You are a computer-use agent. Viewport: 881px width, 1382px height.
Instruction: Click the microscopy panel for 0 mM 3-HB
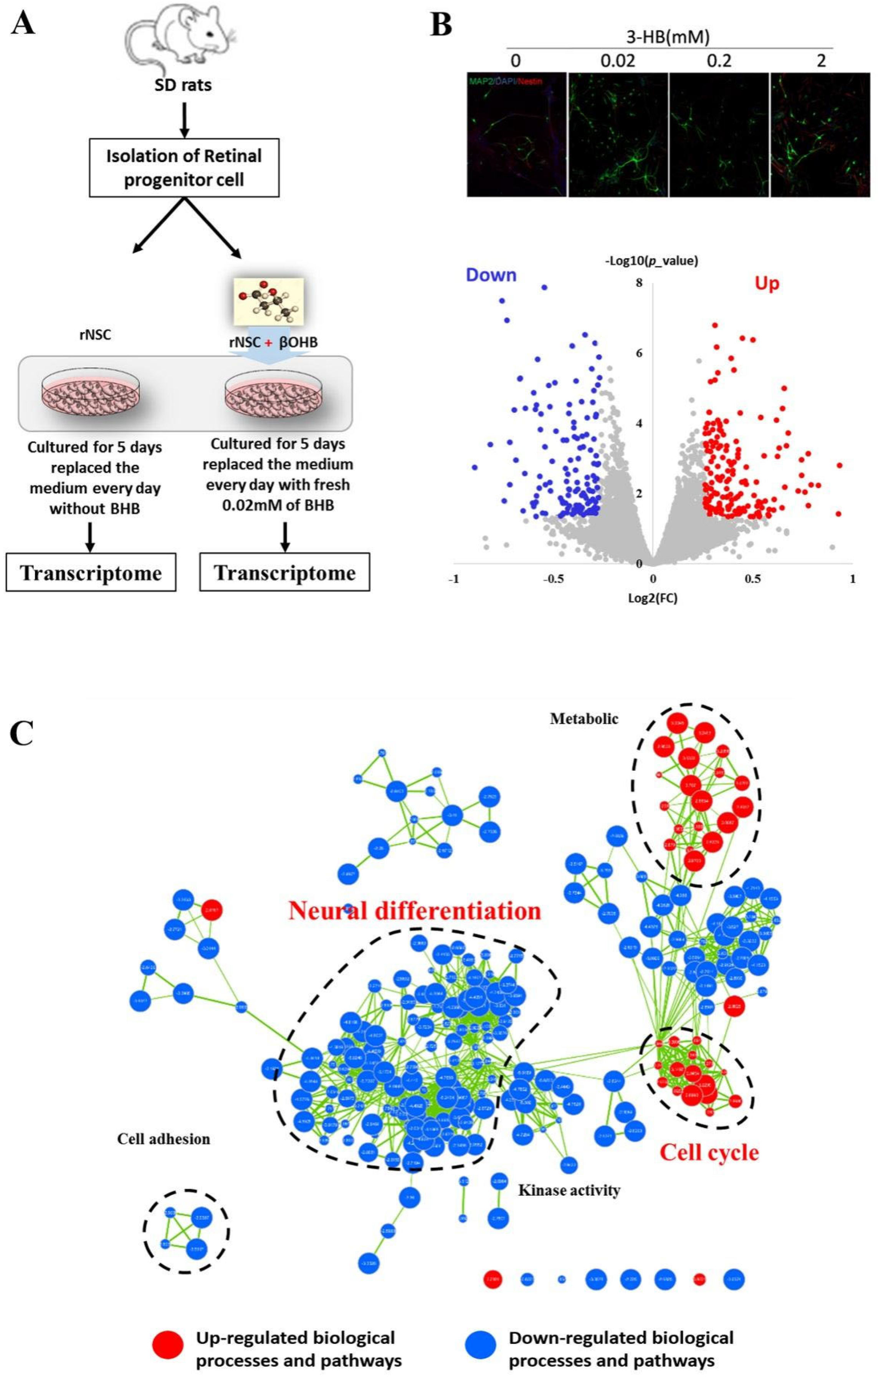[516, 134]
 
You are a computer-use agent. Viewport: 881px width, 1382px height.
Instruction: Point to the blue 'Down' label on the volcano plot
[491, 275]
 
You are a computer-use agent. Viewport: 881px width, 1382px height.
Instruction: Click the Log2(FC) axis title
[653, 599]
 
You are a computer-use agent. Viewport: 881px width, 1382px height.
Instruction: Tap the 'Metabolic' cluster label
[584, 718]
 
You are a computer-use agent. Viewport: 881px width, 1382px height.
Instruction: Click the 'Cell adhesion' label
[164, 1139]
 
